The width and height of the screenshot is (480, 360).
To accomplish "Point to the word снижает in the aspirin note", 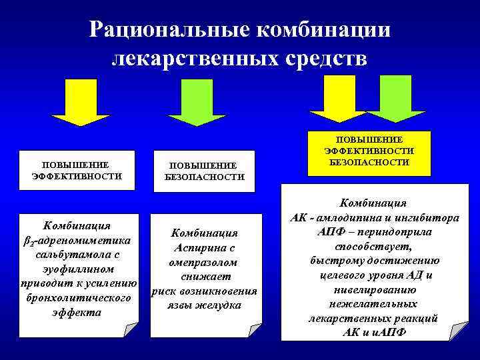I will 204,277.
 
